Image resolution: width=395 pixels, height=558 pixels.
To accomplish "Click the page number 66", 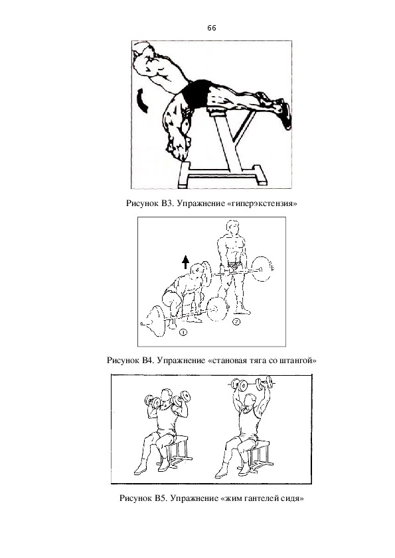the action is point(211,28).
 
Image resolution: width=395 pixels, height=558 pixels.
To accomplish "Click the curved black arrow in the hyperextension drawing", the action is point(142,101).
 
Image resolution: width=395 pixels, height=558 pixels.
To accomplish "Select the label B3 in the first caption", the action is point(167,203).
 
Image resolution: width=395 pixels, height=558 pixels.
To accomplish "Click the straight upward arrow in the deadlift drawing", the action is point(185,262).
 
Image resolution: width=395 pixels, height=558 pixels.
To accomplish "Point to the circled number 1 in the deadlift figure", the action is point(183,333).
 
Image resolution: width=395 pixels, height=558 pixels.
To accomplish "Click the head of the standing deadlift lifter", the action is point(233,227).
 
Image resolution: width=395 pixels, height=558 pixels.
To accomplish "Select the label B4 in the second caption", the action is point(147,360).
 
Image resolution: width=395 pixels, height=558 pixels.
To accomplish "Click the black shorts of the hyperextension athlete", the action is point(195,93).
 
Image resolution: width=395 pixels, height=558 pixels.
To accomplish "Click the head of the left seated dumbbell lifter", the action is point(165,396).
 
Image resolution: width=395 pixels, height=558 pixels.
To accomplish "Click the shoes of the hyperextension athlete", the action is point(278,109).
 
